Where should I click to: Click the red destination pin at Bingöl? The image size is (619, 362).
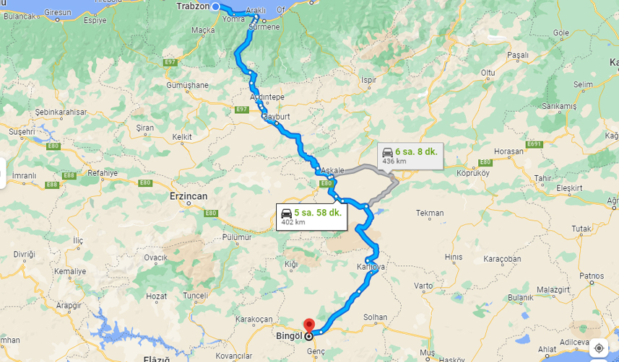tap(309, 326)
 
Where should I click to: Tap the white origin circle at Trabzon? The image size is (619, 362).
tap(216, 6)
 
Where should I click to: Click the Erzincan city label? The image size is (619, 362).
tap(189, 196)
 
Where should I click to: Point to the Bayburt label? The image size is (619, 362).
tap(276, 116)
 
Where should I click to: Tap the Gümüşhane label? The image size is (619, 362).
tap(187, 84)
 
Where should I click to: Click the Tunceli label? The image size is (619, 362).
tap(195, 295)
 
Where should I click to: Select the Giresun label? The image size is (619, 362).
tap(59, 12)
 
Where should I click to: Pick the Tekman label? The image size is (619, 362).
tap(430, 213)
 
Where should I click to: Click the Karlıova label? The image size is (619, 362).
tap(371, 268)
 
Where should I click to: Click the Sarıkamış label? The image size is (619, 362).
tap(560, 106)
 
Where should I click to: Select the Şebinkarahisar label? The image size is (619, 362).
tap(61, 112)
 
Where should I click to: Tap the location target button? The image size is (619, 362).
tap(599, 348)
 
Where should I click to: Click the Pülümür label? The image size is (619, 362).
tap(236, 237)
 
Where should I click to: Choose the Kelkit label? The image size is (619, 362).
tap(182, 136)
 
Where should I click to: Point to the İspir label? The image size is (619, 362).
tap(368, 79)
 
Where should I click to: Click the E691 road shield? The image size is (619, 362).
tap(534, 144)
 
